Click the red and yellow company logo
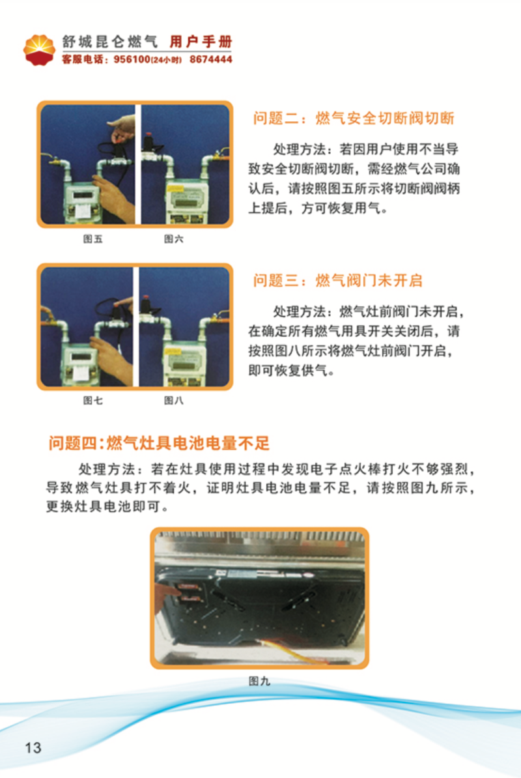point(39,50)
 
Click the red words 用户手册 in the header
point(201,42)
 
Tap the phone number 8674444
point(211,59)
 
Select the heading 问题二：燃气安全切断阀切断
point(354,118)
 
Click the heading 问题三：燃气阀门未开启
point(338,280)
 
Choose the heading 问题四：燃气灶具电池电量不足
point(159,442)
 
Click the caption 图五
point(92,239)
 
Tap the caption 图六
point(173,239)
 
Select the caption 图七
point(92,401)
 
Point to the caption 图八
point(173,401)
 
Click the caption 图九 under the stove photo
point(259,682)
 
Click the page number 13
point(33,748)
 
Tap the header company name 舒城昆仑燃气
point(110,42)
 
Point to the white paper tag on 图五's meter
point(83,210)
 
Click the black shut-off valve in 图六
point(148,143)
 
